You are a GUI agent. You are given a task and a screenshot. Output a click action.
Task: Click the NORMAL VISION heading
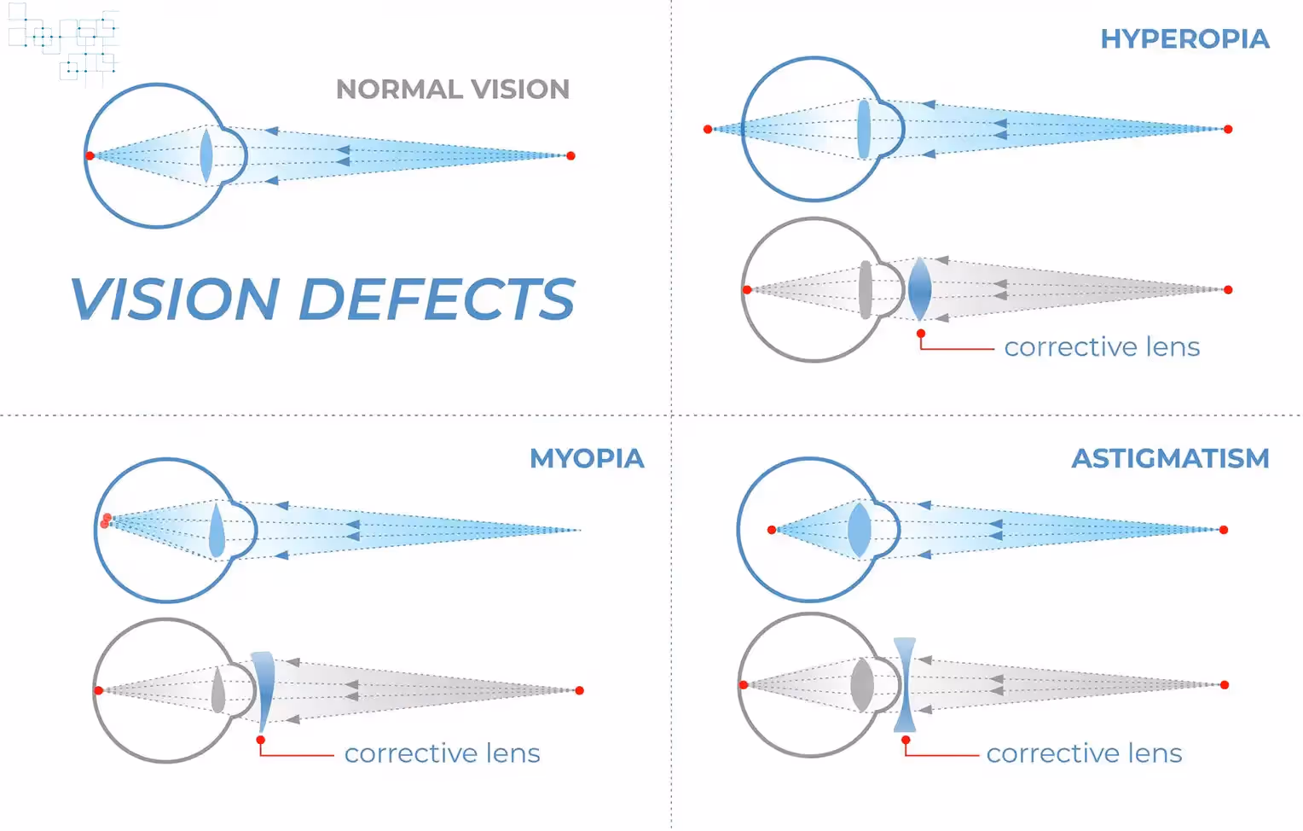(x=452, y=90)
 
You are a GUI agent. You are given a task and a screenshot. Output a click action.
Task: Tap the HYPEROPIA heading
(x=1184, y=39)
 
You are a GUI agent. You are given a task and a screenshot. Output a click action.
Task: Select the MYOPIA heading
(x=587, y=459)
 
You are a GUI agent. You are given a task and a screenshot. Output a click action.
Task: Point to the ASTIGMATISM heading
(x=1170, y=459)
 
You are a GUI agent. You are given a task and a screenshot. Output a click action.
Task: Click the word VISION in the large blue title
(x=175, y=299)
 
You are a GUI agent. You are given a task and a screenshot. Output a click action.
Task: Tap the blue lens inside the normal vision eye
(x=206, y=156)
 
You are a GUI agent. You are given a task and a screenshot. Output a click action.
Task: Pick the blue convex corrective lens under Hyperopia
(x=919, y=289)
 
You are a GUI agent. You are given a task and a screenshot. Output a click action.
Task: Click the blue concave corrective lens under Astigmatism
(x=905, y=684)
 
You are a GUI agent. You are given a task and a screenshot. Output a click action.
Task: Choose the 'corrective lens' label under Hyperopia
(x=1102, y=347)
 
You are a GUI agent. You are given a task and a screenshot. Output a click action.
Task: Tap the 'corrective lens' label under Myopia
(x=442, y=753)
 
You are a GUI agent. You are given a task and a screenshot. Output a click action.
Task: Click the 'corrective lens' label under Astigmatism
(x=1084, y=753)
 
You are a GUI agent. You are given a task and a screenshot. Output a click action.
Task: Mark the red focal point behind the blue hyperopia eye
(x=708, y=130)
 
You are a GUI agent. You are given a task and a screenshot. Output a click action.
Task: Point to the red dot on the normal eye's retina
(x=90, y=155)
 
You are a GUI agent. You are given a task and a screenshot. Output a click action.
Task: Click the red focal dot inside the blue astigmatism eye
(x=772, y=530)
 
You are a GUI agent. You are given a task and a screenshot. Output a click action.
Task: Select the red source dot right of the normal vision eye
(x=571, y=155)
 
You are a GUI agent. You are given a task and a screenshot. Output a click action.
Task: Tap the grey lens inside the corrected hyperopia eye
(x=866, y=289)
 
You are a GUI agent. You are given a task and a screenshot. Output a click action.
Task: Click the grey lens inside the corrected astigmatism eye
(x=862, y=684)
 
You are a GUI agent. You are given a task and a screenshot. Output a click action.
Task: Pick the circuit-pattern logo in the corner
(x=64, y=43)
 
